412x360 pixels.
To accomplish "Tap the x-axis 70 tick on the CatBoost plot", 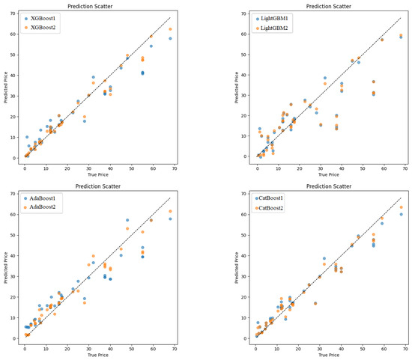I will (x=405, y=347).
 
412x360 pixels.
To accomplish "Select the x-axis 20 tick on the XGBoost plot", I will (x=67, y=167).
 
